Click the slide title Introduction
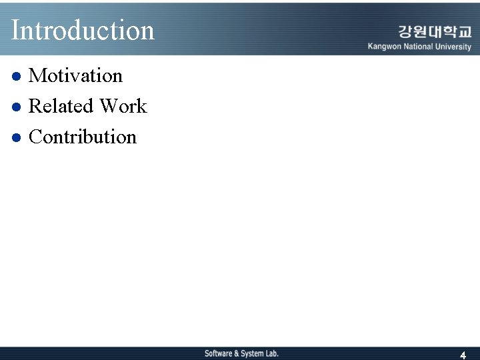83,30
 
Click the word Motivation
76,76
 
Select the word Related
61,106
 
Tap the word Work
123,106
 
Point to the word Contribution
83,137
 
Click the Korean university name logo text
435,32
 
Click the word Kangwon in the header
385,47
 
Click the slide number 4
463,355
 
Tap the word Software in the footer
218,353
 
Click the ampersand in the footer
236,353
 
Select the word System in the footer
252,353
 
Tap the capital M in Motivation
37,76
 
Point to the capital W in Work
108,106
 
